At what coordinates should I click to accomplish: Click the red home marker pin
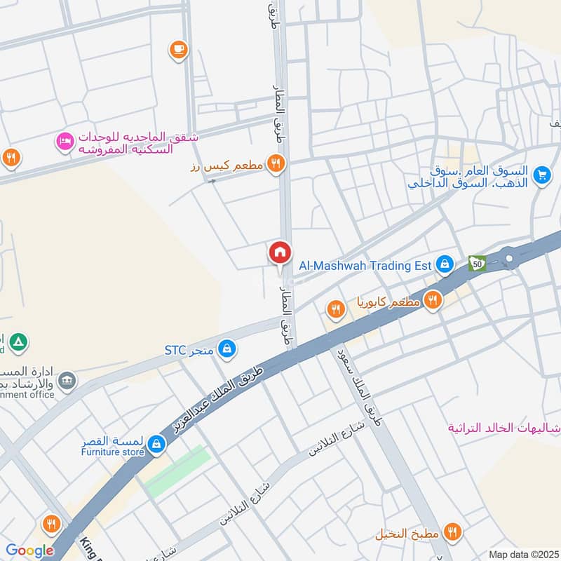(280, 252)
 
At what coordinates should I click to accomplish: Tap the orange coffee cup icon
(178, 48)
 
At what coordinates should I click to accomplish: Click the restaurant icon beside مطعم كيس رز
(276, 163)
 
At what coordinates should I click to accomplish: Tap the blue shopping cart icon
(541, 175)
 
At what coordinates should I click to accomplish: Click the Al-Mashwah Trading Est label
(365, 265)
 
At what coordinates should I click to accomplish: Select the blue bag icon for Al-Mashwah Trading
(443, 264)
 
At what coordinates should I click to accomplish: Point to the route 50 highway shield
(478, 264)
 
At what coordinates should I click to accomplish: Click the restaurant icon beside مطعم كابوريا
(432, 300)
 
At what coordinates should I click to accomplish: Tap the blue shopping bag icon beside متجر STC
(226, 348)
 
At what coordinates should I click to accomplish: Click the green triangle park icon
(20, 342)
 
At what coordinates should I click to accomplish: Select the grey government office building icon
(67, 381)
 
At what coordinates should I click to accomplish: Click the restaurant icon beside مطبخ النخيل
(452, 534)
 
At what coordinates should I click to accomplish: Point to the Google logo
(29, 550)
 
